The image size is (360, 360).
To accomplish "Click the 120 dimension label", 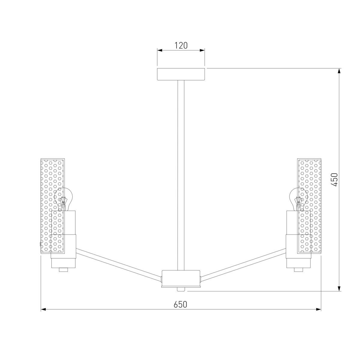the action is (181, 45).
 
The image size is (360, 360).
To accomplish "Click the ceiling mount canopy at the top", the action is (181, 74).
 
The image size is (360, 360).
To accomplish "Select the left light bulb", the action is (63, 199).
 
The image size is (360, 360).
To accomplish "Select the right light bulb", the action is (298, 199).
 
